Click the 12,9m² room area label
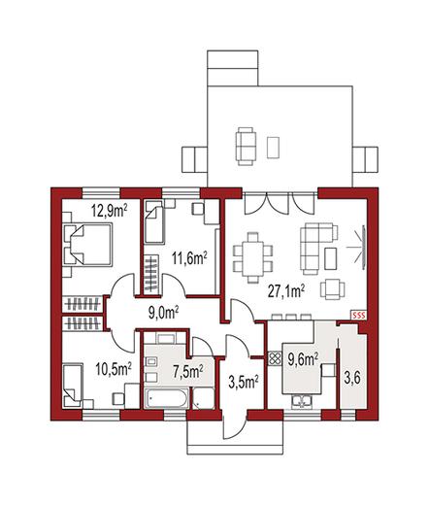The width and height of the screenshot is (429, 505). pos(110,211)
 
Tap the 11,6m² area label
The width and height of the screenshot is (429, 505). pos(189,258)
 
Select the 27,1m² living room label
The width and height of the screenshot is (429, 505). pos(286,290)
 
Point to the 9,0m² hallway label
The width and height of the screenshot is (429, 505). pos(164,313)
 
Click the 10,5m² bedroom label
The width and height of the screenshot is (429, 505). pos(114,369)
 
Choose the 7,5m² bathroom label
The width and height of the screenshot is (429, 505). pos(188,371)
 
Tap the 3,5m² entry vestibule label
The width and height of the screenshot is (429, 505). pos(244,382)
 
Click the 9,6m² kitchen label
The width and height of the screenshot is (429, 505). pos(303,359)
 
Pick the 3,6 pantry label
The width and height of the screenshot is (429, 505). pos(352,378)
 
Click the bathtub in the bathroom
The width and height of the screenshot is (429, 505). pos(167,398)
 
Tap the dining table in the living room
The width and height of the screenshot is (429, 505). pos(252,257)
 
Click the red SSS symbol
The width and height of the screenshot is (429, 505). pos(359,315)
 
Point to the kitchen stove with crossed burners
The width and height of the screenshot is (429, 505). pos(275,358)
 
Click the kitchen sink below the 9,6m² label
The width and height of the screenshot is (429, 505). pos(302,401)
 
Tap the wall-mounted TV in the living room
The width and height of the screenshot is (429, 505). pos(364,248)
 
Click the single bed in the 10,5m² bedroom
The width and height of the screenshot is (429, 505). pos(73,386)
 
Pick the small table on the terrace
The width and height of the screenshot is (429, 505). pos(273,148)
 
